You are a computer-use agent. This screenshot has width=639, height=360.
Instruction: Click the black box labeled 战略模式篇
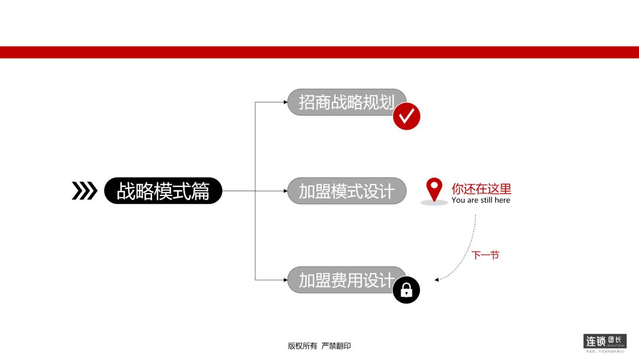(163, 191)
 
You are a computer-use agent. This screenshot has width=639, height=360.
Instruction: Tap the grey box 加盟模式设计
(347, 191)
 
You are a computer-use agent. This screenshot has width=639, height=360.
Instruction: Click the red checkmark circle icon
(406, 116)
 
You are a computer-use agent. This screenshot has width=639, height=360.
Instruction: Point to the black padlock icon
(406, 290)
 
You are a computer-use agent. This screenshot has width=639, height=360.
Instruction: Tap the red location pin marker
(434, 188)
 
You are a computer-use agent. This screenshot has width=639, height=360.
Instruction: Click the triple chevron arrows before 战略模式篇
(84, 191)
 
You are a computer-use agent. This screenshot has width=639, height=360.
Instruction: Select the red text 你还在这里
(481, 189)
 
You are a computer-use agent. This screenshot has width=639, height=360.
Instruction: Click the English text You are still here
(480, 200)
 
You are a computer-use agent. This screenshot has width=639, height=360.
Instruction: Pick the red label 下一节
(485, 255)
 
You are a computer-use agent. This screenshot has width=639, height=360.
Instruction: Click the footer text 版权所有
(302, 346)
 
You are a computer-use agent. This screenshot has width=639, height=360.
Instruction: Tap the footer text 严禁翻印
(336, 346)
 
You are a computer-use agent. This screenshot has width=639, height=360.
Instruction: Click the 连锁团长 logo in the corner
(605, 342)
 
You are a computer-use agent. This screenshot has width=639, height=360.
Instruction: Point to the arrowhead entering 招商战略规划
(285, 102)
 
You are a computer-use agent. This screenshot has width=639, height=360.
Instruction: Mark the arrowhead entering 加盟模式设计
(285, 191)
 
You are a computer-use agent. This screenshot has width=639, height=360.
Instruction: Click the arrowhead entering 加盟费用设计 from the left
(285, 279)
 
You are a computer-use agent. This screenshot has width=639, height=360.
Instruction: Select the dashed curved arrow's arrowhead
(437, 279)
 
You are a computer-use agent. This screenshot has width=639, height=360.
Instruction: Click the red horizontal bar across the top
(319, 52)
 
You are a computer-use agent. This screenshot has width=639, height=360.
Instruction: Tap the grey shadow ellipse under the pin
(434, 203)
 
